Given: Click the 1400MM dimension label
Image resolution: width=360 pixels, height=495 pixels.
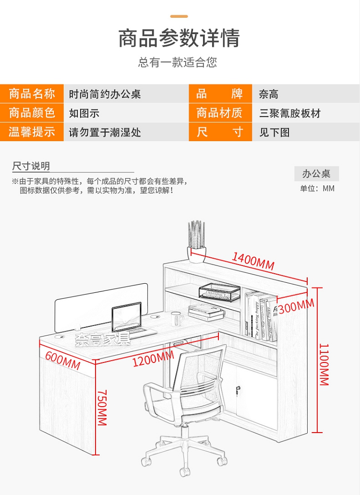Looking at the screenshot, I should (x=253, y=261).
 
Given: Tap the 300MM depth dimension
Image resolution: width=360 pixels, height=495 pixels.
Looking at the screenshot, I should (x=296, y=306).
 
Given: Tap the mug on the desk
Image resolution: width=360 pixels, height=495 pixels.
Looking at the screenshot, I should (x=177, y=317).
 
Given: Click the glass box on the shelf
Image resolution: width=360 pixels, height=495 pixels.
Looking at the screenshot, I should (x=219, y=291).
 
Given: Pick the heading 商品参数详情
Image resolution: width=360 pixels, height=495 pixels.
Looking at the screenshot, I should (x=179, y=38).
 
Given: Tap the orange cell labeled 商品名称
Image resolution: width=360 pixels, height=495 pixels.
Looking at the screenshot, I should (x=32, y=94).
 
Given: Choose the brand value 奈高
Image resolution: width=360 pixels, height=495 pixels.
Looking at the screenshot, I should (x=269, y=94).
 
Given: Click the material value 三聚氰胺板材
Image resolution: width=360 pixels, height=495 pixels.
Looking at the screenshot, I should (x=290, y=113).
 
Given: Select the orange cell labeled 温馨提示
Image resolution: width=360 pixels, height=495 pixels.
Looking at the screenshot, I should (x=32, y=132).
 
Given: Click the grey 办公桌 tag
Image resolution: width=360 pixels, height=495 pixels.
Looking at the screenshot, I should (x=316, y=173).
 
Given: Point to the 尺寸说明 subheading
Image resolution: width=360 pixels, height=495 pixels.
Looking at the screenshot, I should (x=31, y=166).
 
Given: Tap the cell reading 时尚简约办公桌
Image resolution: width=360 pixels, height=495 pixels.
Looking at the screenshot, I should (x=105, y=94).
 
